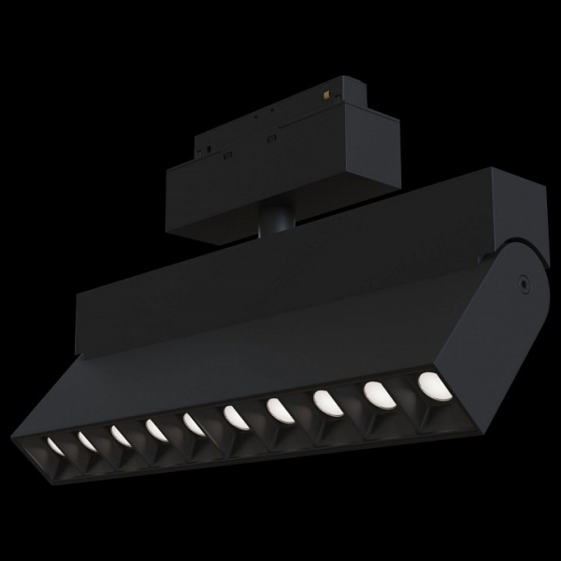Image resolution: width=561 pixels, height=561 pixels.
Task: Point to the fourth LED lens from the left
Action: click(x=154, y=428)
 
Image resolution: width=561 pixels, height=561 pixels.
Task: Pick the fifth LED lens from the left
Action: click(x=193, y=424)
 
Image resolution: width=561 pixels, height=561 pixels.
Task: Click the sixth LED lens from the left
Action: click(x=234, y=416)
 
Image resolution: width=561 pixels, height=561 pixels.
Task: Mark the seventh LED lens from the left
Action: click(x=278, y=409)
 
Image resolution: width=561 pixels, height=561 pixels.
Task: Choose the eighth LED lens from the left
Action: click(x=324, y=402)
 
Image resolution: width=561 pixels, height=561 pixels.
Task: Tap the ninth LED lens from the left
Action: click(x=375, y=394)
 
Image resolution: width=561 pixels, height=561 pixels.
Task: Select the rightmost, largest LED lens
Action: click(x=430, y=383)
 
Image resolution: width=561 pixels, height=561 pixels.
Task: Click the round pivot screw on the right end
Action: click(x=524, y=281)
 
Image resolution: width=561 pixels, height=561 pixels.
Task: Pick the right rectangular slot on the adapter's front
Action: click(x=270, y=139)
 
